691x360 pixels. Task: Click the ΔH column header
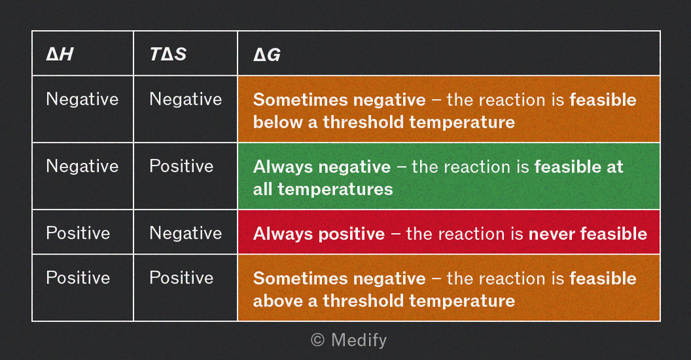point(60,54)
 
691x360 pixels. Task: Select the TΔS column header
point(168,54)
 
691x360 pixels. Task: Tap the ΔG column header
point(266,54)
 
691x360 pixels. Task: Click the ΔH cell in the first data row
point(82,99)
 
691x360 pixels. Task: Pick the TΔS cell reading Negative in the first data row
point(186,99)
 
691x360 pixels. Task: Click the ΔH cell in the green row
point(82,166)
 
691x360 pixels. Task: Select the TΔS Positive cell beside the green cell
point(181,166)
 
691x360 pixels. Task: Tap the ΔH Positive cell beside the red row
point(78,233)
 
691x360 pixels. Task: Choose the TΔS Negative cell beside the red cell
point(186,233)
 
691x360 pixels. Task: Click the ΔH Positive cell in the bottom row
point(78,278)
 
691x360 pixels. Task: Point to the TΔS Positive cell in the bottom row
point(181,278)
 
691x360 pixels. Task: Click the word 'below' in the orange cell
point(277,122)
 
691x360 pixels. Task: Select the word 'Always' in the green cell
point(283,167)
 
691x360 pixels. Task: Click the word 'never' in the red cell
point(552,234)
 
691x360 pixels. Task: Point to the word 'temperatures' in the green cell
point(336,190)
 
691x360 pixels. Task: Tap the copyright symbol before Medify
point(318,340)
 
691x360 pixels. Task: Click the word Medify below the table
point(359,340)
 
